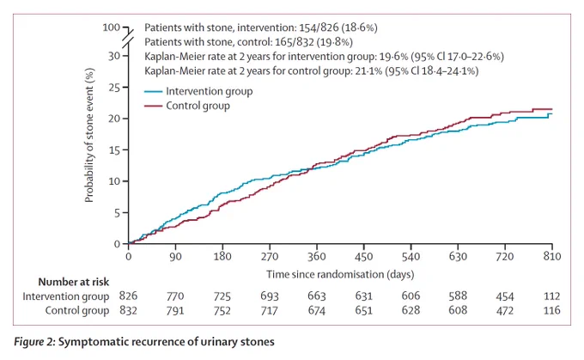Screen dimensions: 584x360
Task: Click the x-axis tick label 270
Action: point(270,256)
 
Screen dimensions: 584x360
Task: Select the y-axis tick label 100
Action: point(112,27)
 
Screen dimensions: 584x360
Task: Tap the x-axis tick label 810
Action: point(552,256)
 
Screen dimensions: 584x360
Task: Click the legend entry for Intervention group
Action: point(198,91)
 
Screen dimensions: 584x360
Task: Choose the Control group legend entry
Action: point(187,106)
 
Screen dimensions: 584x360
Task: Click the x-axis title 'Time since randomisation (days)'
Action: point(340,275)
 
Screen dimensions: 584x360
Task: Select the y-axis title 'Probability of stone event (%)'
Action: point(89,135)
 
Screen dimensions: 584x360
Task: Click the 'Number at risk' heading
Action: point(74,282)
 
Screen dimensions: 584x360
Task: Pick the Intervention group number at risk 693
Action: point(270,296)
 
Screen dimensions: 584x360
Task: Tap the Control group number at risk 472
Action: point(505,310)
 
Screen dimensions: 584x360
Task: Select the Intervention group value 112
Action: point(552,296)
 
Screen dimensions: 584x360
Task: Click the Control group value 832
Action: point(128,310)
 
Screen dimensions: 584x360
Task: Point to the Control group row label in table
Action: point(77,310)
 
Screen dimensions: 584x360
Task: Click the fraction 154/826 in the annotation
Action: point(319,27)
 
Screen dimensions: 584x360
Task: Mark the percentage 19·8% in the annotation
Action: point(334,42)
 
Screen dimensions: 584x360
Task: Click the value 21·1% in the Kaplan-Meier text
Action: point(368,70)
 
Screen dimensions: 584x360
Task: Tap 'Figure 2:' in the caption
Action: point(34,342)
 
